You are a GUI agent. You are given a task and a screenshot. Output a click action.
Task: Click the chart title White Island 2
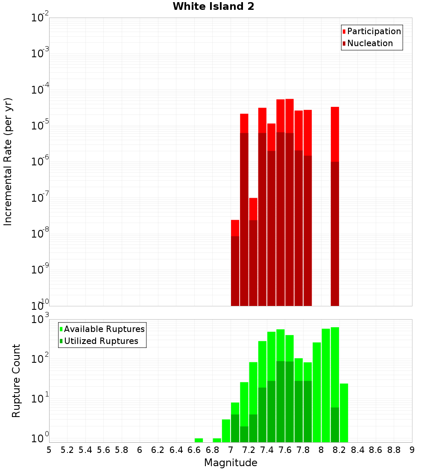click(213, 7)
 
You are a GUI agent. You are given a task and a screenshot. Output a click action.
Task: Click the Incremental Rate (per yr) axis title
click(8, 162)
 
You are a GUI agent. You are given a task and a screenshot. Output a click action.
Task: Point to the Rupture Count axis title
click(16, 381)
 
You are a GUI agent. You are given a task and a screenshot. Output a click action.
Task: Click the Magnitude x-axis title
click(231, 463)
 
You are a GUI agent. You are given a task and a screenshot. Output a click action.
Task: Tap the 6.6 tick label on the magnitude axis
click(194, 450)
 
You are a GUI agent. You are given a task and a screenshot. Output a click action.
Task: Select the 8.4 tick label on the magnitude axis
click(357, 450)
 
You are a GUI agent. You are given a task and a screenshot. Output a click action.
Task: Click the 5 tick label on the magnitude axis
click(49, 450)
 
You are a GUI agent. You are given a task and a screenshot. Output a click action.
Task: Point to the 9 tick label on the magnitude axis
click(412, 450)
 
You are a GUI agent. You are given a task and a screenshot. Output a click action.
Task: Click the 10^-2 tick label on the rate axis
click(40, 18)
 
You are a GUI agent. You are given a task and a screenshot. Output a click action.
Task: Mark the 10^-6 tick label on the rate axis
click(40, 162)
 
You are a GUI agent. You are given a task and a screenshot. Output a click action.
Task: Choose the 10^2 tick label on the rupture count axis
click(40, 359)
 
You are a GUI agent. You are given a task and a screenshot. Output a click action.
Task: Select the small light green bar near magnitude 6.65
click(199, 440)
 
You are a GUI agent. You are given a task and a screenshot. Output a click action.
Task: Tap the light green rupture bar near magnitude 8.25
click(344, 413)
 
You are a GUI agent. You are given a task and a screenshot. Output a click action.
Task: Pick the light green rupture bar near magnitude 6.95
click(226, 431)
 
